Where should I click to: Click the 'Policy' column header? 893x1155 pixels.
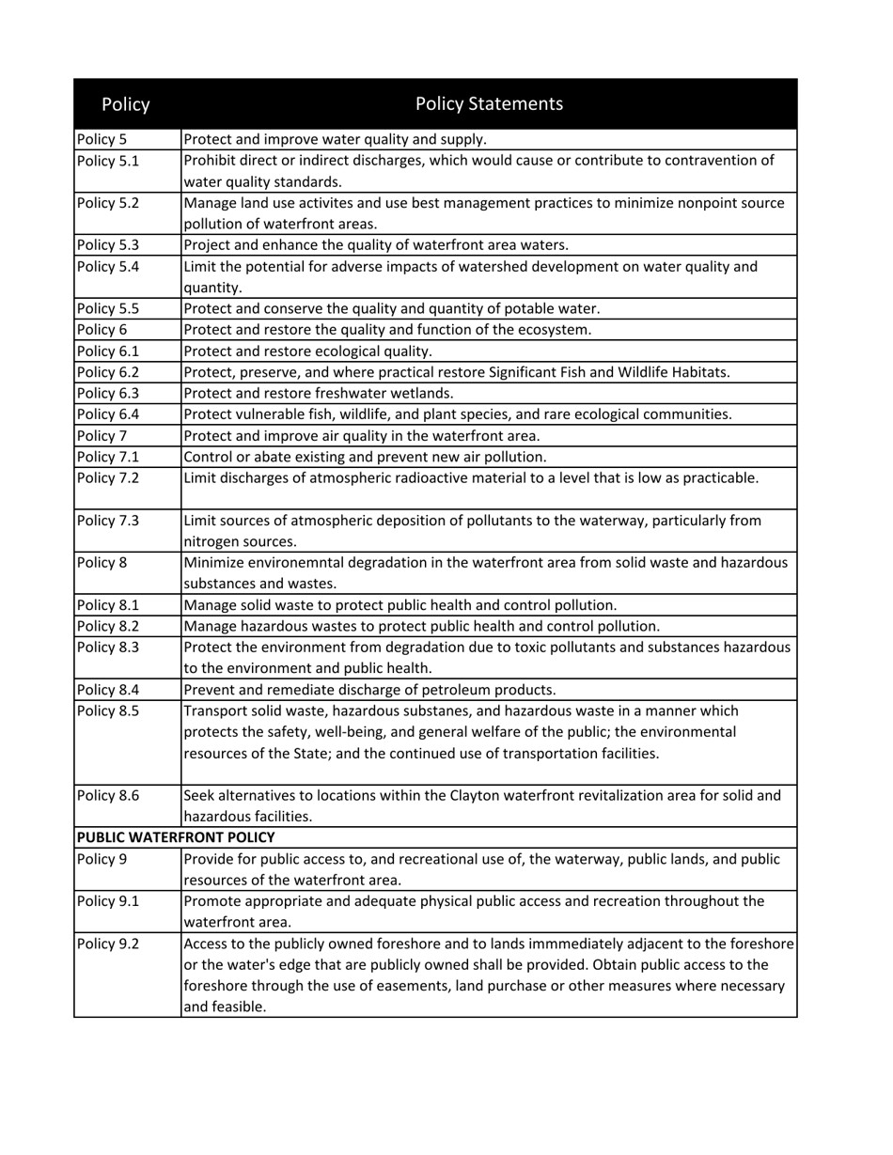point(125,104)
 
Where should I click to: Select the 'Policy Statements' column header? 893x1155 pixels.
point(489,103)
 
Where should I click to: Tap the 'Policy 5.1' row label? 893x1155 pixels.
point(108,161)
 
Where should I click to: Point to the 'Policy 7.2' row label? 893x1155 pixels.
point(108,478)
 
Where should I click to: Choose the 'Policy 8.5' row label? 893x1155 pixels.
point(108,710)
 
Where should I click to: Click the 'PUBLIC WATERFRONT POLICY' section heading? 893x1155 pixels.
point(176,837)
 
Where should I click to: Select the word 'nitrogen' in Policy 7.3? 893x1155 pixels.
point(211,541)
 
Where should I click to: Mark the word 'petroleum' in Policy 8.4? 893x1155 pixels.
point(459,689)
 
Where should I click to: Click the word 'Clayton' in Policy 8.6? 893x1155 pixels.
point(477,795)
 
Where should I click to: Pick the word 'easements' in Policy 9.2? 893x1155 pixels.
point(475,986)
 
